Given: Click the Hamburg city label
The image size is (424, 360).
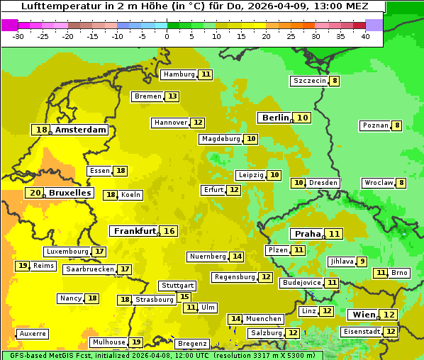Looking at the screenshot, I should coord(179,74).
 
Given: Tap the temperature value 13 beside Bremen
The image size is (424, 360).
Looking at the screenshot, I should coord(172,96).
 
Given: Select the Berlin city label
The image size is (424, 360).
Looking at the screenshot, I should coord(275,118).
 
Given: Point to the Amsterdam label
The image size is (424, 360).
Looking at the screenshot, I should coord(80,130).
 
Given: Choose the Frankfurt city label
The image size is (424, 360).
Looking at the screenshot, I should coord(135,231).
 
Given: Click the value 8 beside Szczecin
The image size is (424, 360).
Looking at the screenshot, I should coord(334,81).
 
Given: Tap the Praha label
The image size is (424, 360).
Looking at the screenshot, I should coord(308,234).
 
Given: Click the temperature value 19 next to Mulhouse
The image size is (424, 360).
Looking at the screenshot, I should coord(136,342).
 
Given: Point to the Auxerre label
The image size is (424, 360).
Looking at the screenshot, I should coord(33,333).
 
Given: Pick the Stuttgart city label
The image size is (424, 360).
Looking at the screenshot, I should coord(177,286).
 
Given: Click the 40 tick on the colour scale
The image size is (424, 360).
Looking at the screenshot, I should coord(365,36).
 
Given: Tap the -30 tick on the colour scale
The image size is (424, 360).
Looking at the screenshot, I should coord(18,36).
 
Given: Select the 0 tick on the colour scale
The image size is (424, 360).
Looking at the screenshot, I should coord(167,36).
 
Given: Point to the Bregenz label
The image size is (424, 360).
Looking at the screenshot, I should coord(191,343).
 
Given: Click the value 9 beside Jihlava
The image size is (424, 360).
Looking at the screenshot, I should coord(362,261).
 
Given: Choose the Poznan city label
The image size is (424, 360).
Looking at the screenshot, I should coord(375,125).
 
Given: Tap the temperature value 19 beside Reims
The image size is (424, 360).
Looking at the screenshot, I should coord(23,266).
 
